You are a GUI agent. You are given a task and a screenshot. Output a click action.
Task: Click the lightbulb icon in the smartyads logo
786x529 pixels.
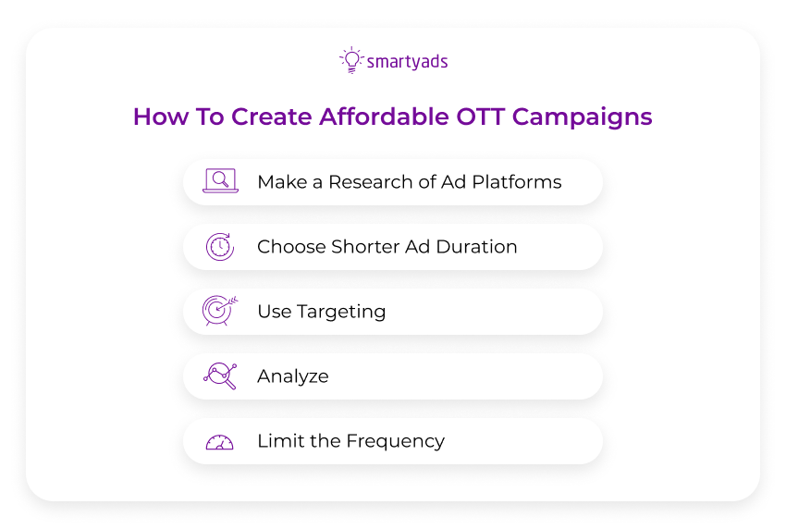350,60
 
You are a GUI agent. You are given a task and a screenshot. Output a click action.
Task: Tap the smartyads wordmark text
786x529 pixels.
407,62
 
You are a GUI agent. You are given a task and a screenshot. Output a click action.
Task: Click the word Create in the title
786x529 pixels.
271,117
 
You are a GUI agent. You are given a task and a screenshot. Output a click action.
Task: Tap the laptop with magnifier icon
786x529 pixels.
220,181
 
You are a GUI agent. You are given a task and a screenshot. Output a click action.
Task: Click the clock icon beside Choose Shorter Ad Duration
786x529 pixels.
220,246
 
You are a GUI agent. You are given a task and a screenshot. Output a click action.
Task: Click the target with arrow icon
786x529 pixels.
220,311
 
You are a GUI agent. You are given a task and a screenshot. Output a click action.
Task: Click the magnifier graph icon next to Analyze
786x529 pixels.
220,375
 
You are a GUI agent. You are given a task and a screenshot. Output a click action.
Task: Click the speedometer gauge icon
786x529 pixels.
220,441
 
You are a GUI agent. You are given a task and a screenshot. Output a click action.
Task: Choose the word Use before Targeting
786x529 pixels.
274,312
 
